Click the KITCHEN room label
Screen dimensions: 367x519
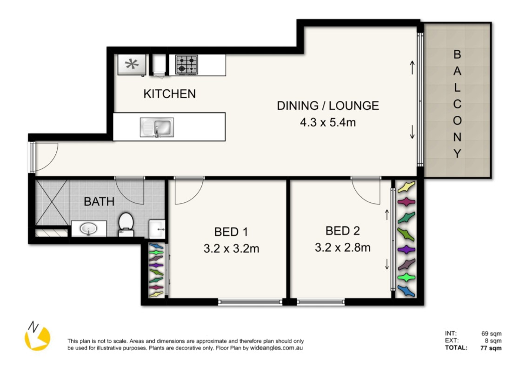coord(169,93)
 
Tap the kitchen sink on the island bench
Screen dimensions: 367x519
coord(157,127)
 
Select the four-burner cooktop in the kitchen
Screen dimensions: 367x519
coord(186,64)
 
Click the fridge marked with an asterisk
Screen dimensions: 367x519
coord(132,65)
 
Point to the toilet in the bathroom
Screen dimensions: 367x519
coord(126,222)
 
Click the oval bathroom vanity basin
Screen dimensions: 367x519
coord(88,228)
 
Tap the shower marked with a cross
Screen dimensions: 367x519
coord(52,203)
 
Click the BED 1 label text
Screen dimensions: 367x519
coord(231,231)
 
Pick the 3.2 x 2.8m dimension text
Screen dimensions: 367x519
coord(342,247)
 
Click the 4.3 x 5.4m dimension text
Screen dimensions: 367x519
coord(328,123)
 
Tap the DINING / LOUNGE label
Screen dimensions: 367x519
coord(328,106)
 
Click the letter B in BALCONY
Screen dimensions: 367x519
coord(457,54)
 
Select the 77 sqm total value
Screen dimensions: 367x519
coord(492,347)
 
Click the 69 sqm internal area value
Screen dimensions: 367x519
coord(492,333)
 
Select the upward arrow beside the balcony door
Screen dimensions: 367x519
coord(412,67)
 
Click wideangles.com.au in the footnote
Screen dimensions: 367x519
coord(276,347)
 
